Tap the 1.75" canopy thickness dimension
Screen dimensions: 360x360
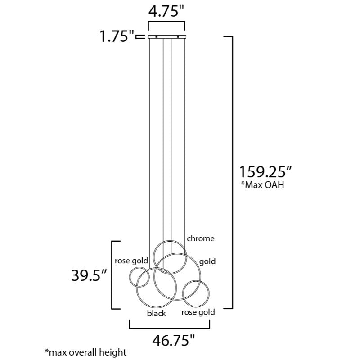[117, 36]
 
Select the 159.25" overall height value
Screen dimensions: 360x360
[265, 172]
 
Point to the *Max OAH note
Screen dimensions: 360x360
[262, 185]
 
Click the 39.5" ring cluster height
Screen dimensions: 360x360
[89, 275]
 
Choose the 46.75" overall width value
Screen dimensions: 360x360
[174, 341]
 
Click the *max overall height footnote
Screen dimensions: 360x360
[85, 352]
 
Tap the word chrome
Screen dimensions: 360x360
[201, 238]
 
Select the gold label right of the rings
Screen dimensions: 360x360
[207, 261]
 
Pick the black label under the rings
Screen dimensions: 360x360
[156, 313]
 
